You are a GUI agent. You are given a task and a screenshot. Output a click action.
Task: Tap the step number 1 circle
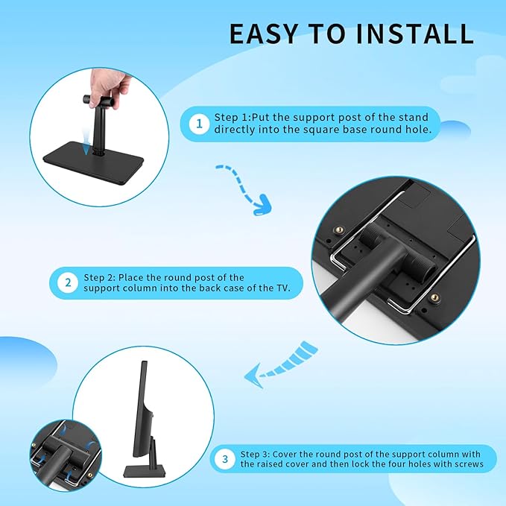click(x=198, y=124)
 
